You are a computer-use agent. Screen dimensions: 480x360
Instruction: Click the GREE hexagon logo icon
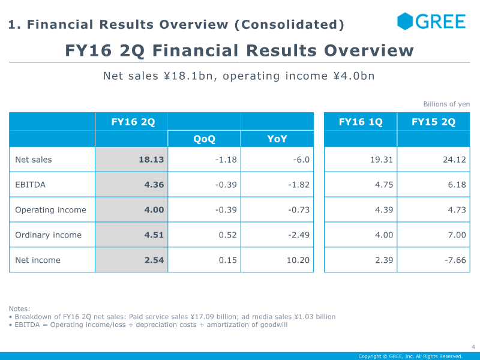pos(404,22)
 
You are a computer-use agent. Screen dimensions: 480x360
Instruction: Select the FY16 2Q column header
pos(133,122)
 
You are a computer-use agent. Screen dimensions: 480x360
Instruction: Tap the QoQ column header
pos(204,139)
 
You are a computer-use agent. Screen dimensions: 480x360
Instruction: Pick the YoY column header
pos(277,139)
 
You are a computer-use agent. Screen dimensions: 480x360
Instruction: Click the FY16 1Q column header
pos(361,122)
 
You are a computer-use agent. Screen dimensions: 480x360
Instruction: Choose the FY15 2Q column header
pos(433,122)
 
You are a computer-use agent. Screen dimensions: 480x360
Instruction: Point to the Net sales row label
pos(34,160)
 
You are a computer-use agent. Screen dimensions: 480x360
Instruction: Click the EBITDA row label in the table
pos(31,185)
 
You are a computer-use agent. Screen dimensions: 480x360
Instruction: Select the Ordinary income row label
pos(49,235)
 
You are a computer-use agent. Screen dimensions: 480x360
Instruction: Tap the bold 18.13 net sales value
pos(151,160)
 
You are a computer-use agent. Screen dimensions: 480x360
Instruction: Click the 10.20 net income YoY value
pos(298,260)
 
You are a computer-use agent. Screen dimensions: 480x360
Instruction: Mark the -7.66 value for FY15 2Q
pos(455,260)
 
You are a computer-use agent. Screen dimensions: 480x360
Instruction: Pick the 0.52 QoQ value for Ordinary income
pos(228,235)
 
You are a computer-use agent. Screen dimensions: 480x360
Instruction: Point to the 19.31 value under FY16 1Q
pos(382,160)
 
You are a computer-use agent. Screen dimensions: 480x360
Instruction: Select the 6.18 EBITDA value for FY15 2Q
pos(457,185)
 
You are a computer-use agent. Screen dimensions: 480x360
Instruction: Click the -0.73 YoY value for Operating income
pos(299,209)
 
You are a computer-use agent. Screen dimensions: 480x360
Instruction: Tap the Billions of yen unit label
pos(446,104)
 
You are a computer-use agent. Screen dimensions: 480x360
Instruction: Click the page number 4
pos(473,347)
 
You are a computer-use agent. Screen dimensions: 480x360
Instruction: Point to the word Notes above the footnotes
pos(19,308)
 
